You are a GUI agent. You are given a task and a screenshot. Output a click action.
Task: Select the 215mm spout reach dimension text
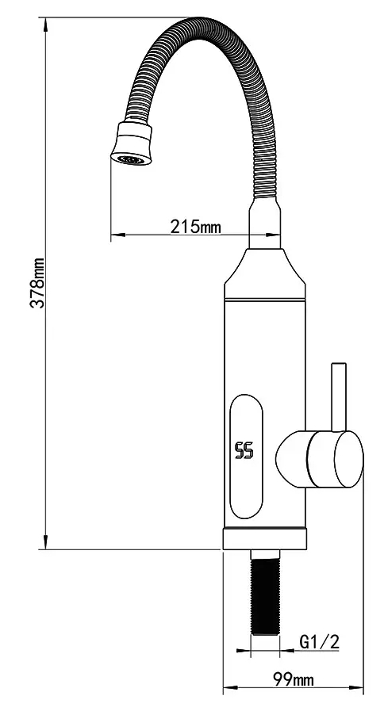click(x=196, y=227)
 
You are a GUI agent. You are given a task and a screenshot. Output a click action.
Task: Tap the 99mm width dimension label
click(x=293, y=679)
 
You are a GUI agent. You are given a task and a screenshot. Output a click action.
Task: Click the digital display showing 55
click(x=244, y=452)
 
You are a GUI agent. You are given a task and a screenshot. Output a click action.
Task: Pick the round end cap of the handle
click(x=348, y=461)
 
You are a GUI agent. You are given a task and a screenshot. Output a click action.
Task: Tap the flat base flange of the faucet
click(x=264, y=539)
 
